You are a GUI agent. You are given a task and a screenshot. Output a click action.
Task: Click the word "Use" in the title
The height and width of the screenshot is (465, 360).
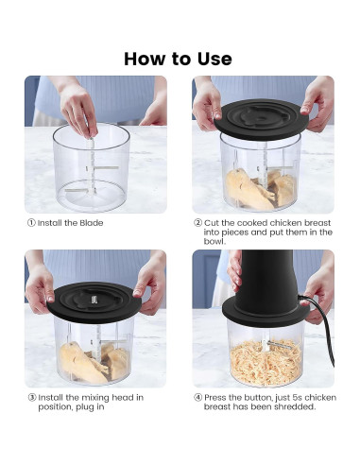click(x=214, y=59)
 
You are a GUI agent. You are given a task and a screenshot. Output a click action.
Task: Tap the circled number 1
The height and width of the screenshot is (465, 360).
click(x=31, y=223)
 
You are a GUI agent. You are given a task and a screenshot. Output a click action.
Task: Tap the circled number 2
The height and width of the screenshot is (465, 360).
click(x=197, y=223)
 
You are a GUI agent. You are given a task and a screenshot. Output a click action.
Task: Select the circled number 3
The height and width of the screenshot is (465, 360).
click(x=32, y=398)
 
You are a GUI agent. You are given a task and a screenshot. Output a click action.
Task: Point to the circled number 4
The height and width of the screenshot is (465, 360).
click(x=197, y=398)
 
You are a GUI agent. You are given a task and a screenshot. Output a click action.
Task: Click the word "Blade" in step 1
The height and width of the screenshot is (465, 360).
click(x=92, y=223)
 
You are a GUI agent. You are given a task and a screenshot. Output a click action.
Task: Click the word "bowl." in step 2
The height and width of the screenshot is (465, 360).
click(x=214, y=242)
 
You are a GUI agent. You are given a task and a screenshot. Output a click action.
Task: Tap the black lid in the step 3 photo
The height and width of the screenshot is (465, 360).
click(x=94, y=301)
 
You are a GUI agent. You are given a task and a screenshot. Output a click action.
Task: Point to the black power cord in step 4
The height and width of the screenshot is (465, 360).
click(x=324, y=328)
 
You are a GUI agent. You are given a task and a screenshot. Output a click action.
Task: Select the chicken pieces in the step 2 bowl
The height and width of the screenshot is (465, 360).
click(x=260, y=189)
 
